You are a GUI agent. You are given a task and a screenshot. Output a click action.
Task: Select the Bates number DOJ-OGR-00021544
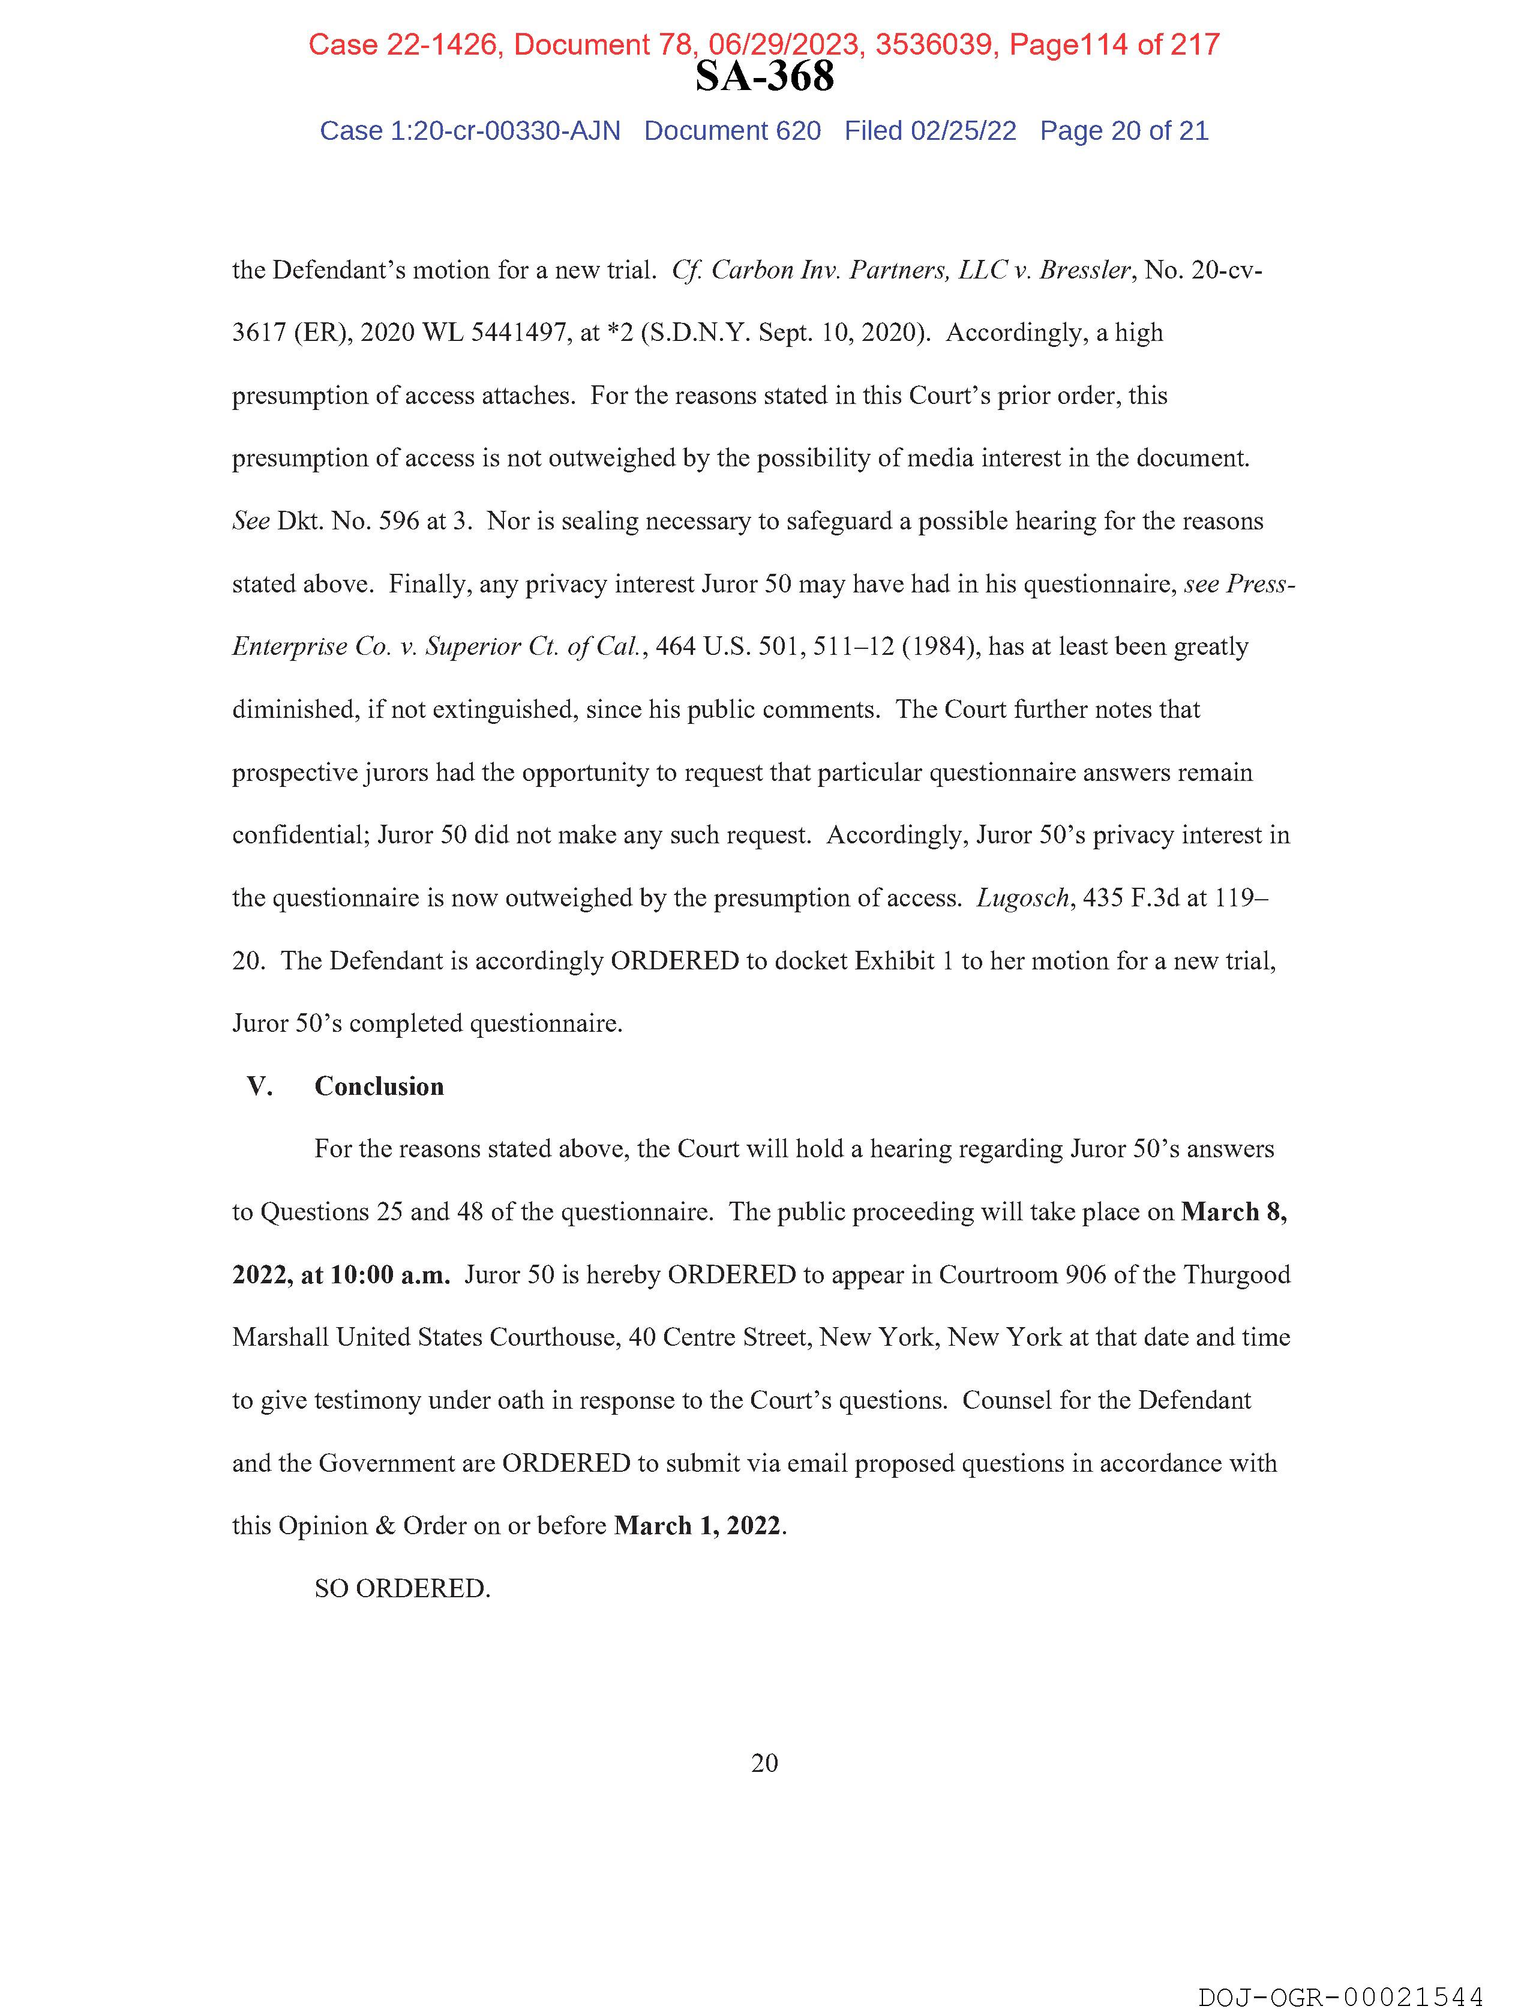click(1340, 1997)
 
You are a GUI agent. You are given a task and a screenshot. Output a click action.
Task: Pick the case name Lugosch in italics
click(1022, 898)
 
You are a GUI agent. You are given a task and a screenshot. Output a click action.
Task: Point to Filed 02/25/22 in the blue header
click(930, 131)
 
